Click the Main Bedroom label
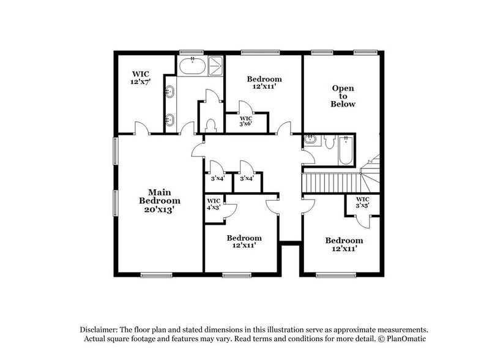159,195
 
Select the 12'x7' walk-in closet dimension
140,81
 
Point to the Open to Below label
343,96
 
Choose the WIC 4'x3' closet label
214,204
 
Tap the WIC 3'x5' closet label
363,203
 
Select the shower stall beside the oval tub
216,66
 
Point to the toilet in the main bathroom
211,126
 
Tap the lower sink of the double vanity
169,119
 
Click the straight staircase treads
330,182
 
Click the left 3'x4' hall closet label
217,179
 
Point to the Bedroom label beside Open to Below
264,79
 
